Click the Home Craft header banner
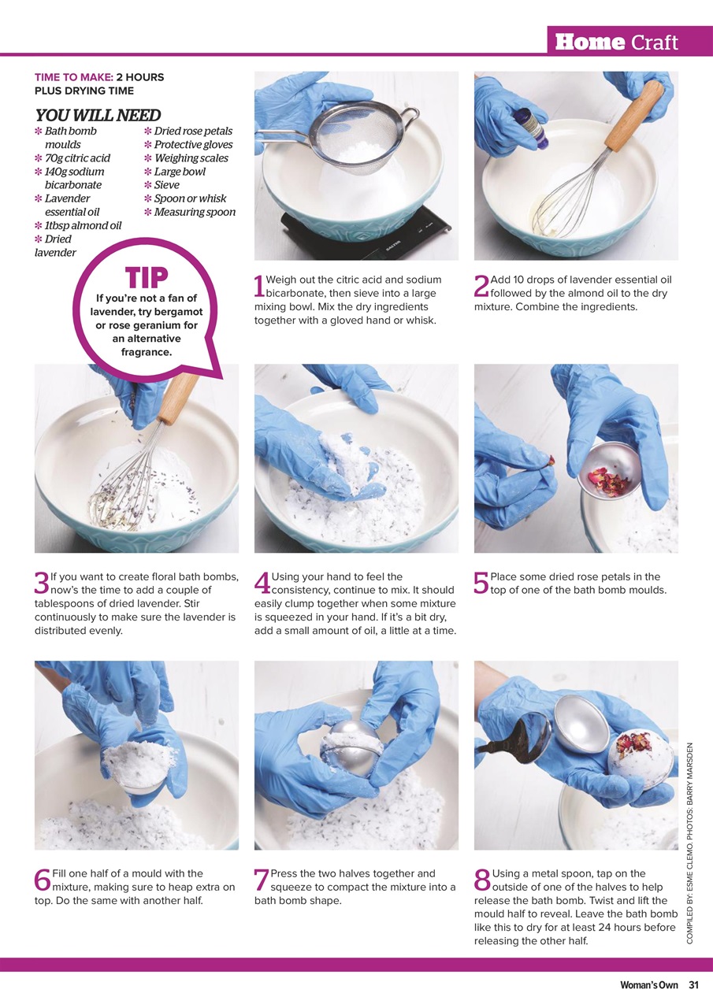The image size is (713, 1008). point(629,41)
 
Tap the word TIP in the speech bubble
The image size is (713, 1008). point(147,278)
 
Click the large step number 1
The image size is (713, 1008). point(259,286)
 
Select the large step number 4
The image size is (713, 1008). point(262,583)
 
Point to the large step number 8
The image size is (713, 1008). point(482,880)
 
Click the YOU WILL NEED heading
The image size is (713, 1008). point(98,115)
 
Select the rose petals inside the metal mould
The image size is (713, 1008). point(604,480)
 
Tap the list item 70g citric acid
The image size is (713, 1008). point(77,158)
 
